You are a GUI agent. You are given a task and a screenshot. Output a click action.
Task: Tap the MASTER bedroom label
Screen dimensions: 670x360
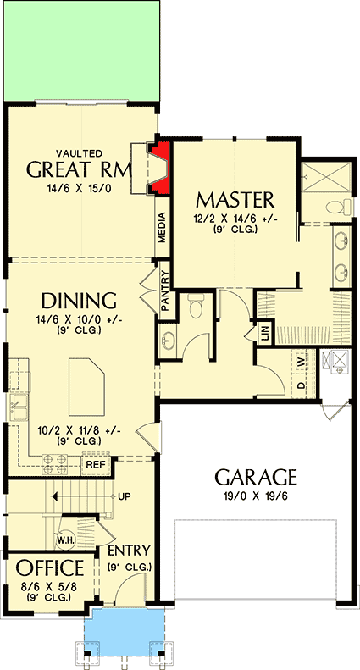click(x=235, y=200)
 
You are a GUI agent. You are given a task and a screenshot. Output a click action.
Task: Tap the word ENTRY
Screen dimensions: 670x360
click(x=129, y=551)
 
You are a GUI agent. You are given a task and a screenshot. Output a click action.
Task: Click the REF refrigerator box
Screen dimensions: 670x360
click(x=95, y=464)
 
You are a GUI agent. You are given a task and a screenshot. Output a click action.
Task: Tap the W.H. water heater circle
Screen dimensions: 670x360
click(x=64, y=539)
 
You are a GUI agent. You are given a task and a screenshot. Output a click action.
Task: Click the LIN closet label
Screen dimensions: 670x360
click(x=264, y=334)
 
